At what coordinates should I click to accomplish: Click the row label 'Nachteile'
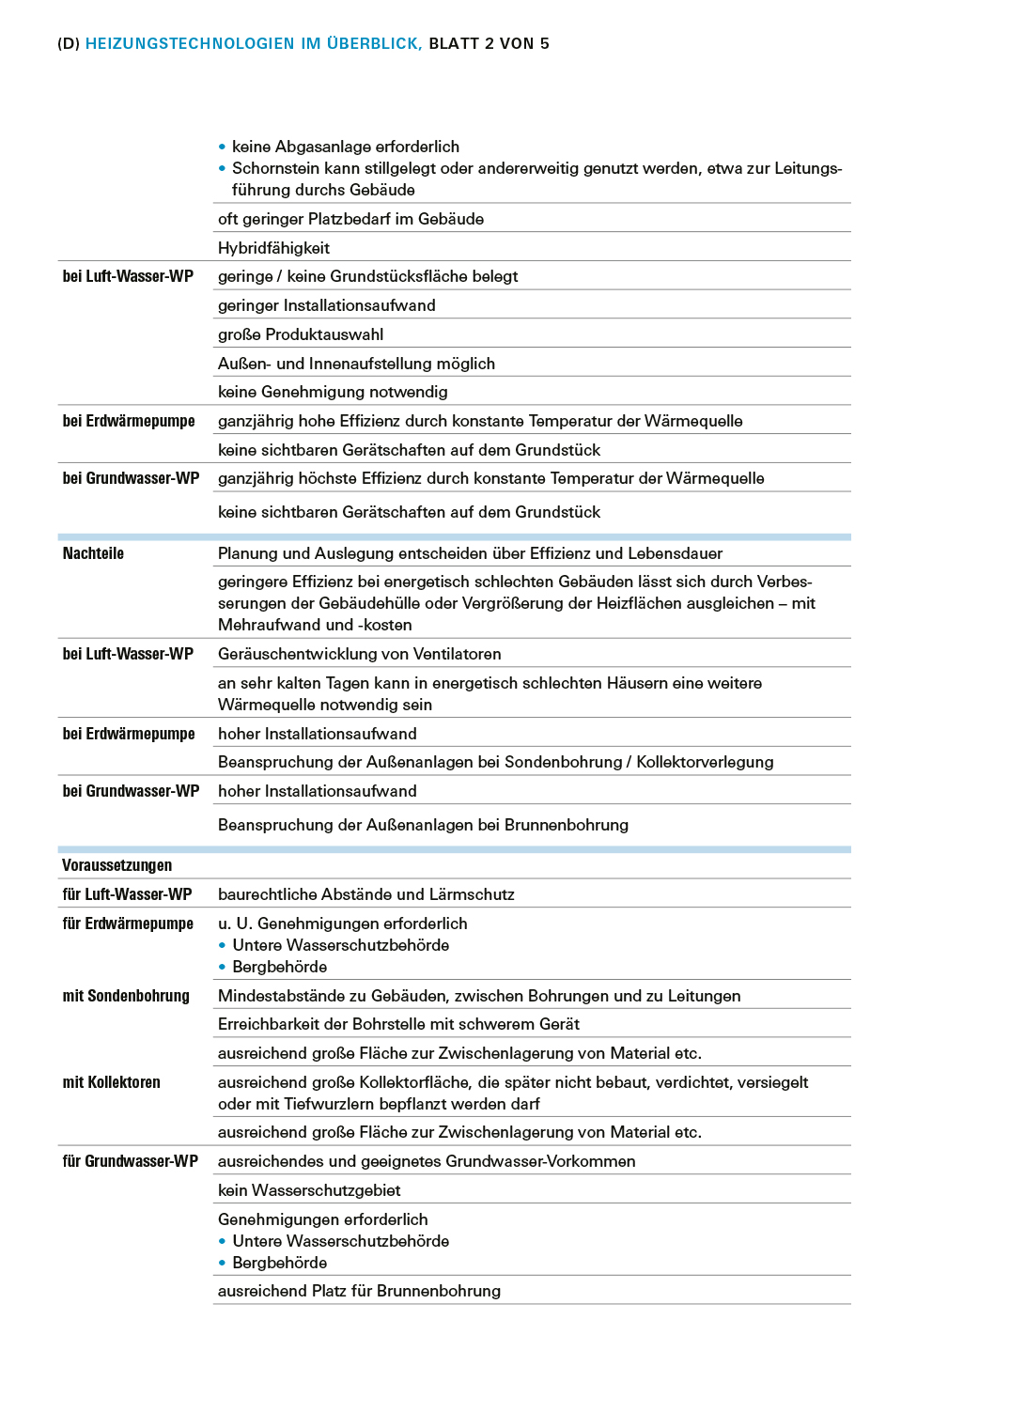[93, 553]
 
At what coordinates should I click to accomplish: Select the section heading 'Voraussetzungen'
[117, 865]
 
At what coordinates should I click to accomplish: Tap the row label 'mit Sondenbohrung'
[126, 996]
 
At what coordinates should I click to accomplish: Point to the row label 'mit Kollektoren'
[111, 1082]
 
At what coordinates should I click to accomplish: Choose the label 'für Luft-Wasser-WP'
[127, 894]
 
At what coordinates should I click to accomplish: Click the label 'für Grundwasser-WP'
[130, 1161]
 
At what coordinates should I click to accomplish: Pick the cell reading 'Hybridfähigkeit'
[273, 248]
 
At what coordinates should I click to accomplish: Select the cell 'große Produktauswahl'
[301, 334]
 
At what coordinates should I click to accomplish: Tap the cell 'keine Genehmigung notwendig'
[333, 392]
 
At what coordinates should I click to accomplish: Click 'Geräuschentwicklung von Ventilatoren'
[359, 654]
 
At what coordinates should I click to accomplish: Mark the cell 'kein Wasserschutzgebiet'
[309, 1190]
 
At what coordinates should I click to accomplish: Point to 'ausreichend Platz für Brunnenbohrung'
[359, 1291]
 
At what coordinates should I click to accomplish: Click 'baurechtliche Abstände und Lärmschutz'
[365, 894]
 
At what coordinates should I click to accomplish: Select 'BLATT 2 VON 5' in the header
[489, 43]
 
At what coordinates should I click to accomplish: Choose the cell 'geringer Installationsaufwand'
[326, 305]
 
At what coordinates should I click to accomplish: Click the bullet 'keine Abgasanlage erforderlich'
[345, 147]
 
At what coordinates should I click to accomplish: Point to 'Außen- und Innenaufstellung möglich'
[356, 364]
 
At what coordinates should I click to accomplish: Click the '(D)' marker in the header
[69, 43]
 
